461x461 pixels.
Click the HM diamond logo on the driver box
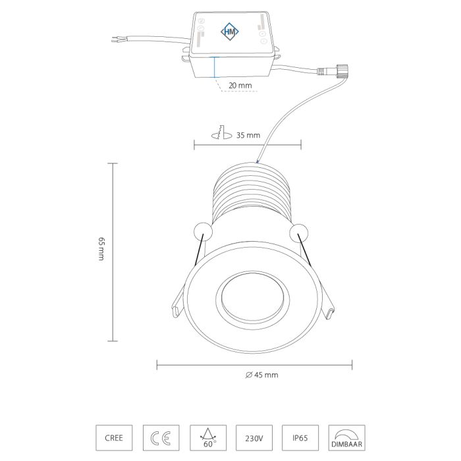click(x=230, y=32)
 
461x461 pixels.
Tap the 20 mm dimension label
click(x=240, y=86)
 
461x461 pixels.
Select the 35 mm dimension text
click(x=248, y=135)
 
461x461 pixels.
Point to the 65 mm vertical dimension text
click(x=101, y=248)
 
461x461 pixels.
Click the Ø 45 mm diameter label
click(x=261, y=375)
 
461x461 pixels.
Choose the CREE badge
click(x=114, y=438)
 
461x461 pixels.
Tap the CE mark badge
click(x=161, y=438)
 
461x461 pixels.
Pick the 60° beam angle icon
click(x=208, y=438)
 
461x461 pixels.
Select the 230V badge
click(x=254, y=438)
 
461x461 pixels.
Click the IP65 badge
click(x=300, y=438)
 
